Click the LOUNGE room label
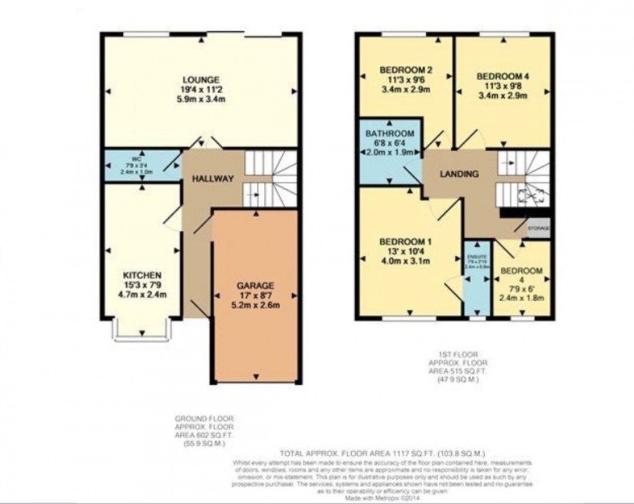200,80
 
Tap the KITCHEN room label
142,275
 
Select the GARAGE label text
255,286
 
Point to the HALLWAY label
212,179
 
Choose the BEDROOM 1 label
408,242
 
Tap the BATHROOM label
389,134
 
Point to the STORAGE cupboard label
538,229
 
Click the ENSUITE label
476,256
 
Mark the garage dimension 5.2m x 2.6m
255,305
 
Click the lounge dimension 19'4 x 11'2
200,89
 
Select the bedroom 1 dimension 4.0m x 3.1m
408,261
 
